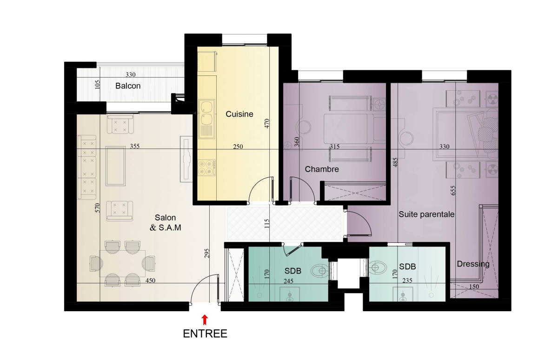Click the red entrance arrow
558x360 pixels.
point(205,320)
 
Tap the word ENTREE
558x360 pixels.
point(205,334)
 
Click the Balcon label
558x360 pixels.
point(128,86)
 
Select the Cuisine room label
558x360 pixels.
point(239,114)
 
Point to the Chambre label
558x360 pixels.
point(322,169)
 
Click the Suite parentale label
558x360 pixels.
point(426,214)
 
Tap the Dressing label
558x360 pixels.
point(473,264)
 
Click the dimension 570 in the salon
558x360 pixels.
point(97,208)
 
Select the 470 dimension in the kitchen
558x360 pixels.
point(267,123)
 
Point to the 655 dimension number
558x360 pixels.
point(453,190)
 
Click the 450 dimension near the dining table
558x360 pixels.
point(150,280)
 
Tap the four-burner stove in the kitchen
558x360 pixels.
point(207,167)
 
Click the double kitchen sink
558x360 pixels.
point(206,119)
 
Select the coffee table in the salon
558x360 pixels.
point(115,166)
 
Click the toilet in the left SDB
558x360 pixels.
point(320,270)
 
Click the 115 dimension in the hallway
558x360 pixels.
point(267,224)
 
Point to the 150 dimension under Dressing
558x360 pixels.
point(473,287)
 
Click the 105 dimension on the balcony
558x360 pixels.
point(97,84)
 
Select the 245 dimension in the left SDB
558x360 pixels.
point(288,281)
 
